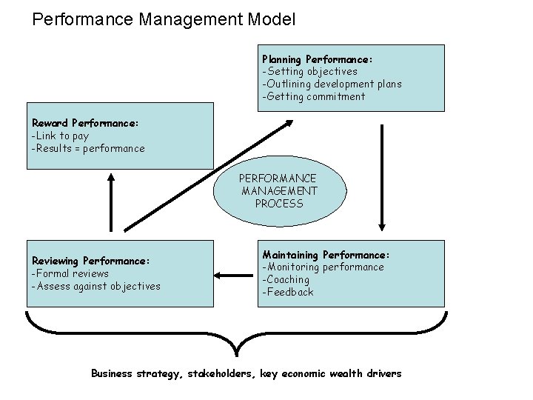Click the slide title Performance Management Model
pyautogui.click(x=164, y=19)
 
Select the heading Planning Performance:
pyautogui.click(x=317, y=59)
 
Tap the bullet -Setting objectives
pyautogui.click(x=309, y=71)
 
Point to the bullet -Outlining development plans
pyautogui.click(x=332, y=84)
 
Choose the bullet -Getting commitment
pyautogui.click(x=313, y=96)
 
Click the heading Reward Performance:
pyautogui.click(x=85, y=123)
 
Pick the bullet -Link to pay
pyautogui.click(x=59, y=136)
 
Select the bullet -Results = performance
pyautogui.click(x=88, y=148)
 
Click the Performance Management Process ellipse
pyautogui.click(x=278, y=190)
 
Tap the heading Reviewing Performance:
pyautogui.click(x=91, y=261)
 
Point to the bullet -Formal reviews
pyautogui.click(x=70, y=273)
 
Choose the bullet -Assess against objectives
pyautogui.click(x=95, y=286)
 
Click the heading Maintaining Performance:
pyautogui.click(x=326, y=254)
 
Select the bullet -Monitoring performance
pyautogui.click(x=323, y=267)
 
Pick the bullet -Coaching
pyautogui.click(x=286, y=279)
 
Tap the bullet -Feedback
pyautogui.click(x=288, y=292)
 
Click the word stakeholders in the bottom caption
pyautogui.click(x=219, y=373)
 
